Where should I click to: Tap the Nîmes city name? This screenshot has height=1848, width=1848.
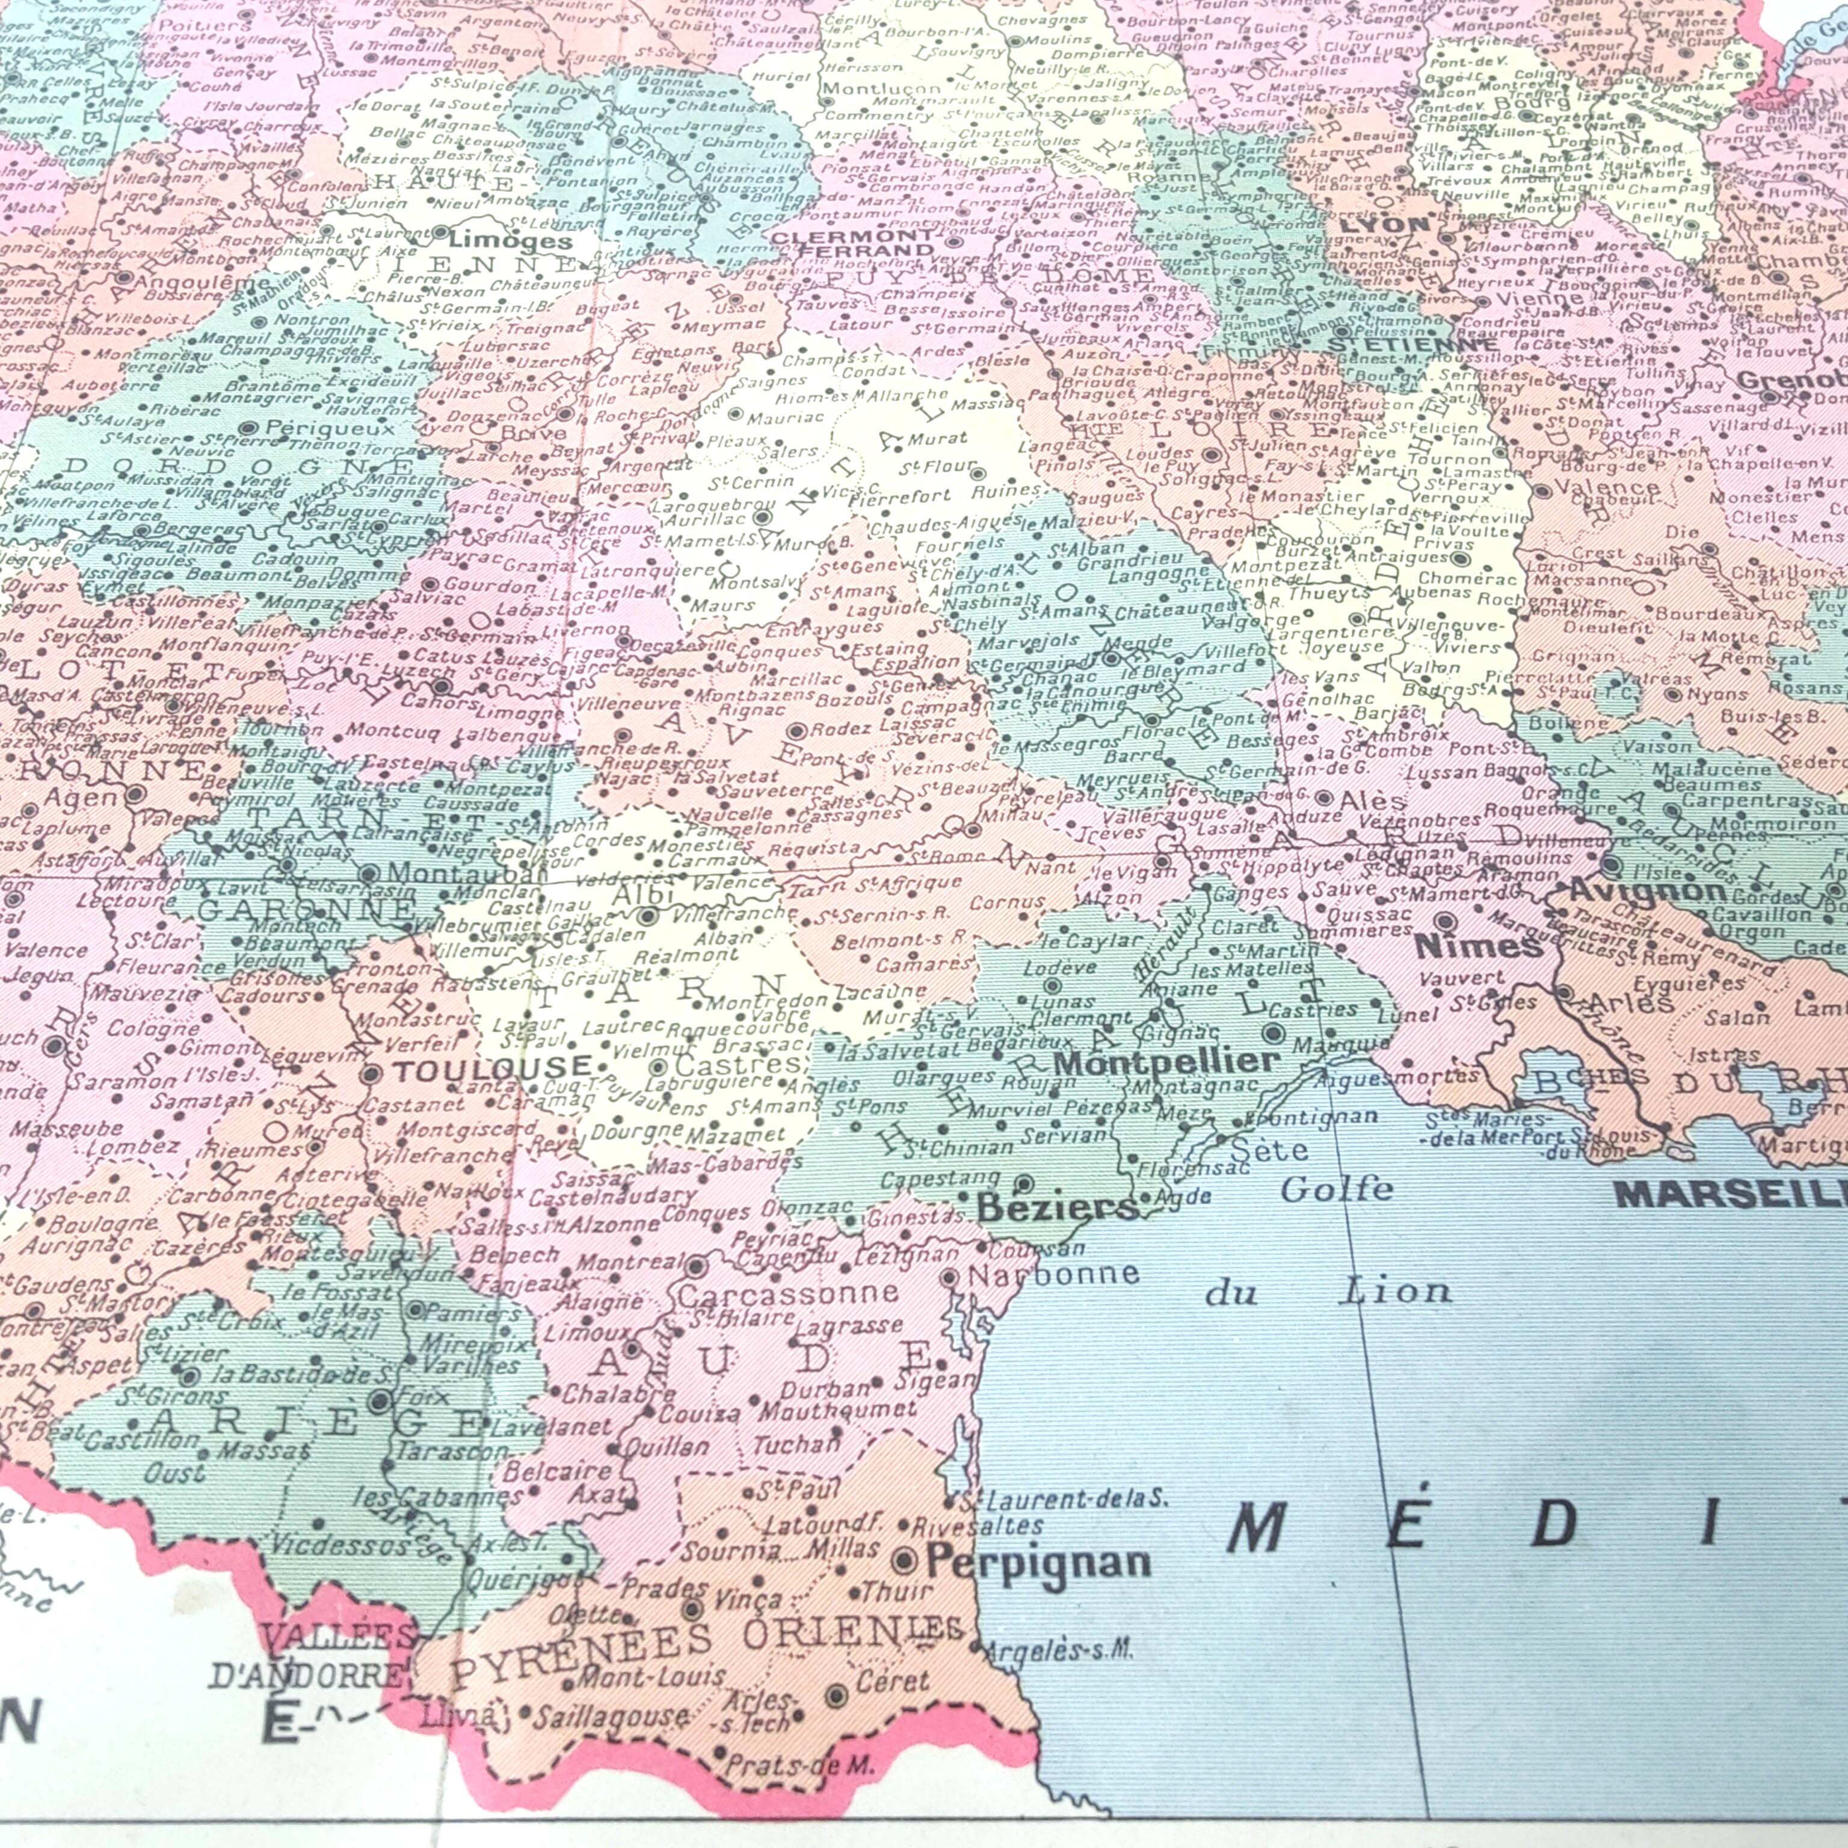point(1478,946)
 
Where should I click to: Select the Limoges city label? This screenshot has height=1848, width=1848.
point(510,239)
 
